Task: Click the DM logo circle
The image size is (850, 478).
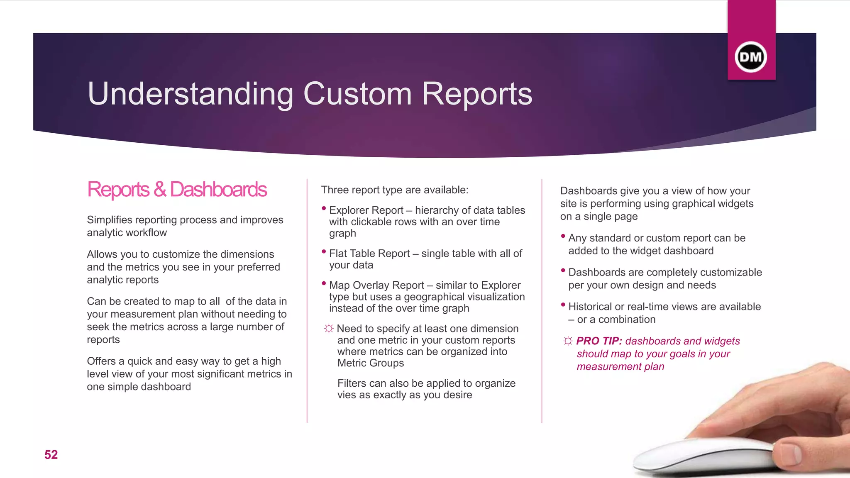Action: click(750, 57)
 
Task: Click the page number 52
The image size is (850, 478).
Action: click(51, 455)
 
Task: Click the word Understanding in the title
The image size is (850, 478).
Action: click(191, 94)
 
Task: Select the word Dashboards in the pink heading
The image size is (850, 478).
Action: click(218, 190)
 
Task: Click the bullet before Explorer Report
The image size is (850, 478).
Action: click(324, 209)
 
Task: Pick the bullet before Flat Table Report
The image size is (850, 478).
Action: click(324, 252)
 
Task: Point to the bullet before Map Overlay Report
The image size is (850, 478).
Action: click(324, 284)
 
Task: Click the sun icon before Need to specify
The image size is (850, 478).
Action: click(329, 329)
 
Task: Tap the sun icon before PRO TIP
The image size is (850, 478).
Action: click(568, 341)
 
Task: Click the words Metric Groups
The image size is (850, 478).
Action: click(371, 363)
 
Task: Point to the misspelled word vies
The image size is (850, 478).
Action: click(347, 395)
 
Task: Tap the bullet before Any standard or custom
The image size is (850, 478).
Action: click(563, 237)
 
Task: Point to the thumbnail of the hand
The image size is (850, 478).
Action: click(789, 407)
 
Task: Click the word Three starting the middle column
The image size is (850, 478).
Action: click(335, 190)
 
